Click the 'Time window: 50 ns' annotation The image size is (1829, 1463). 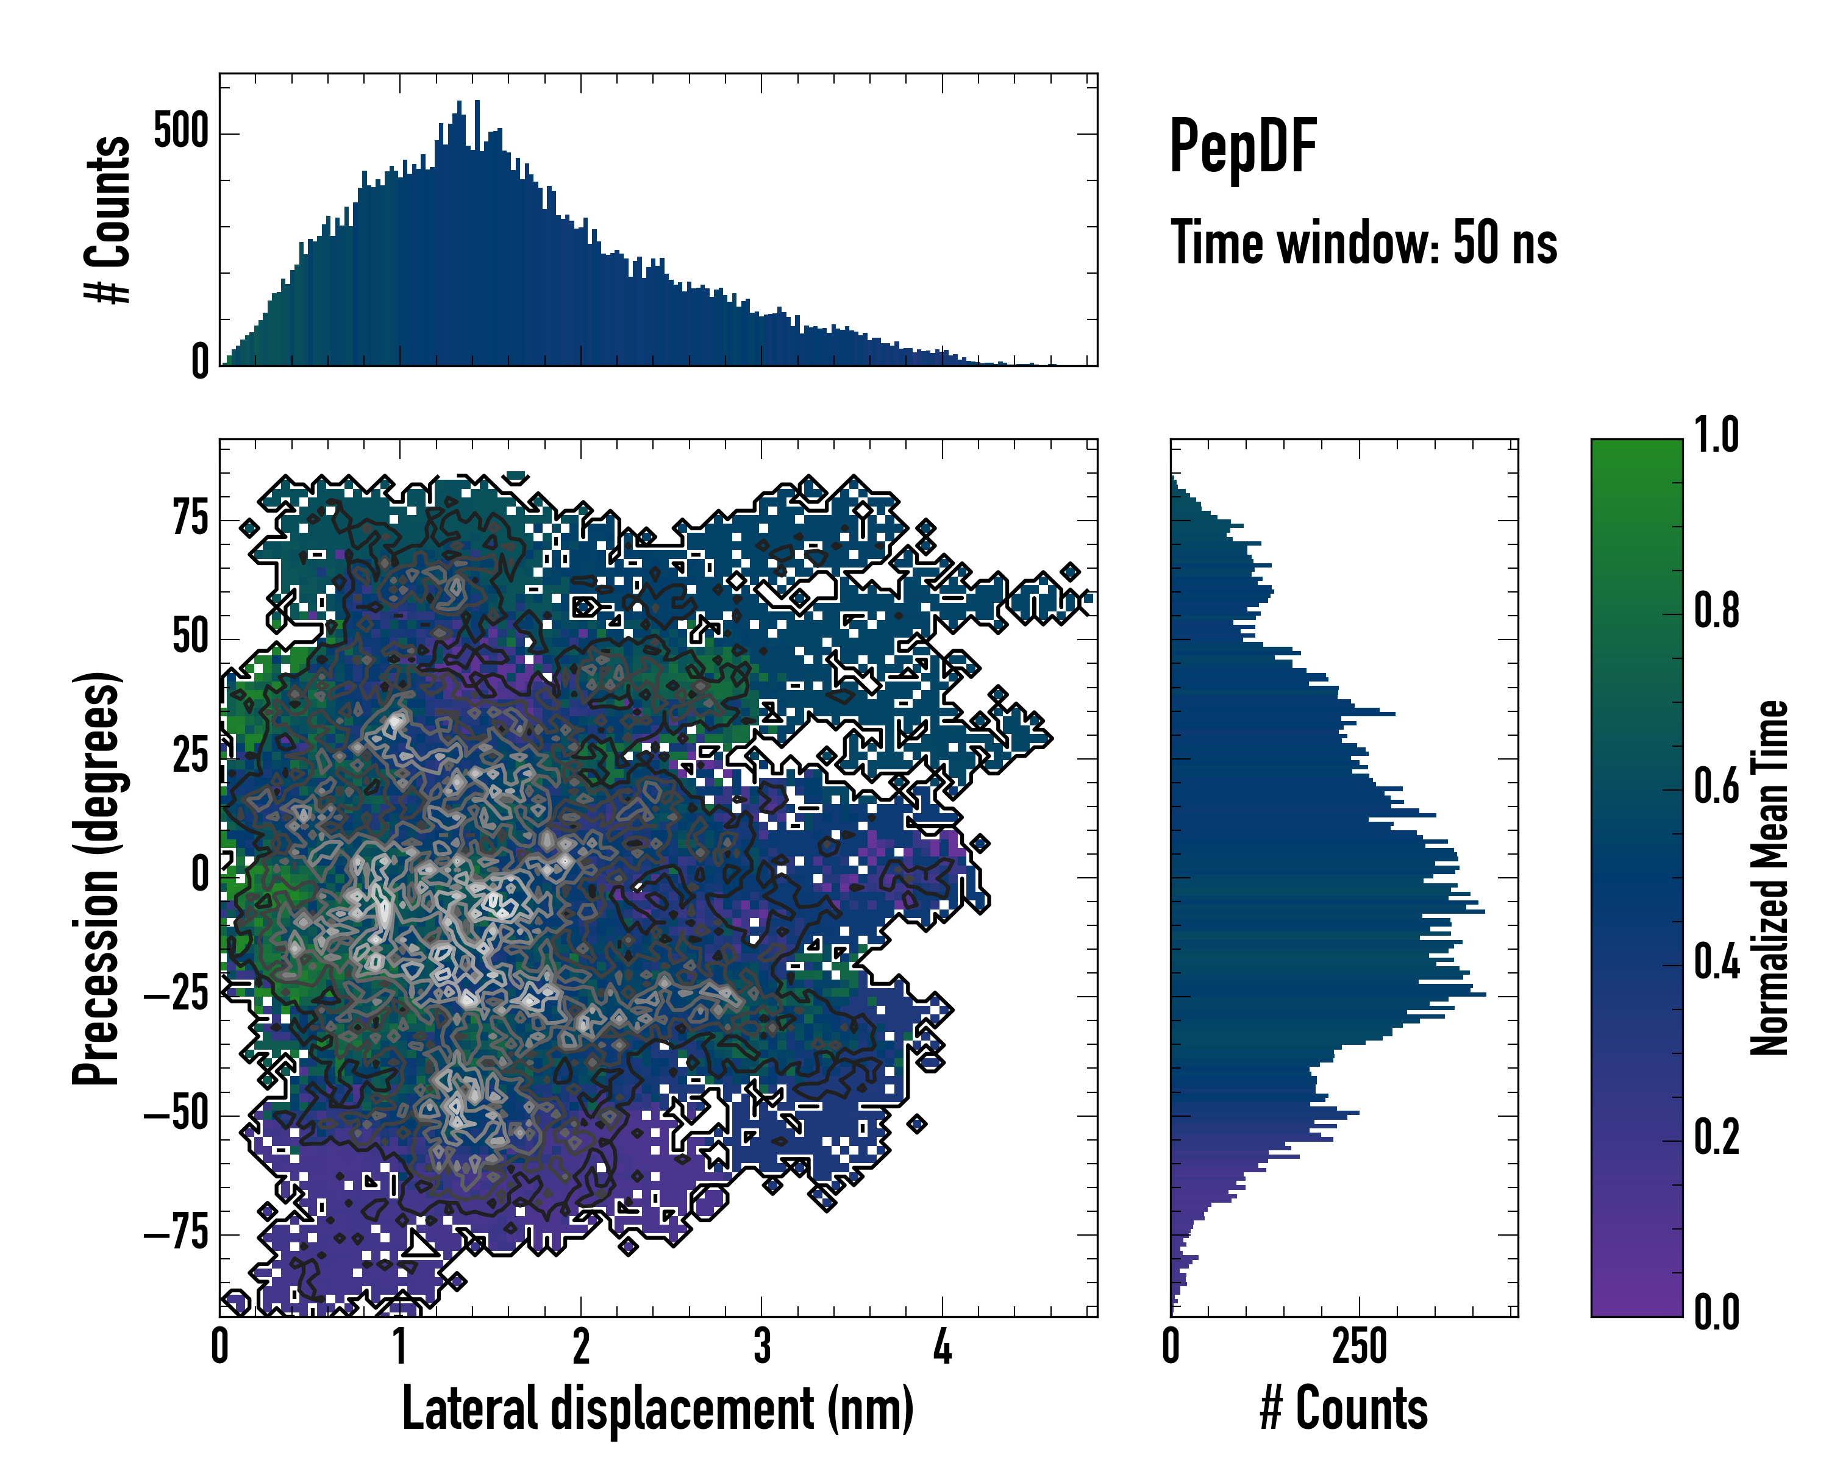[x=1363, y=243]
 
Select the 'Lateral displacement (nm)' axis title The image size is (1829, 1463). [x=657, y=1409]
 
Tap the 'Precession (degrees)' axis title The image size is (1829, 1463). [x=96, y=878]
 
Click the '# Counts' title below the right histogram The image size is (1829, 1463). [x=1344, y=1409]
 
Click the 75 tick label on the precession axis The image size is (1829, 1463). [x=190, y=518]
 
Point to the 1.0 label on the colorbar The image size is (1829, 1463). [x=1716, y=436]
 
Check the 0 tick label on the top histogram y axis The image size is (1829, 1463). [x=200, y=363]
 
